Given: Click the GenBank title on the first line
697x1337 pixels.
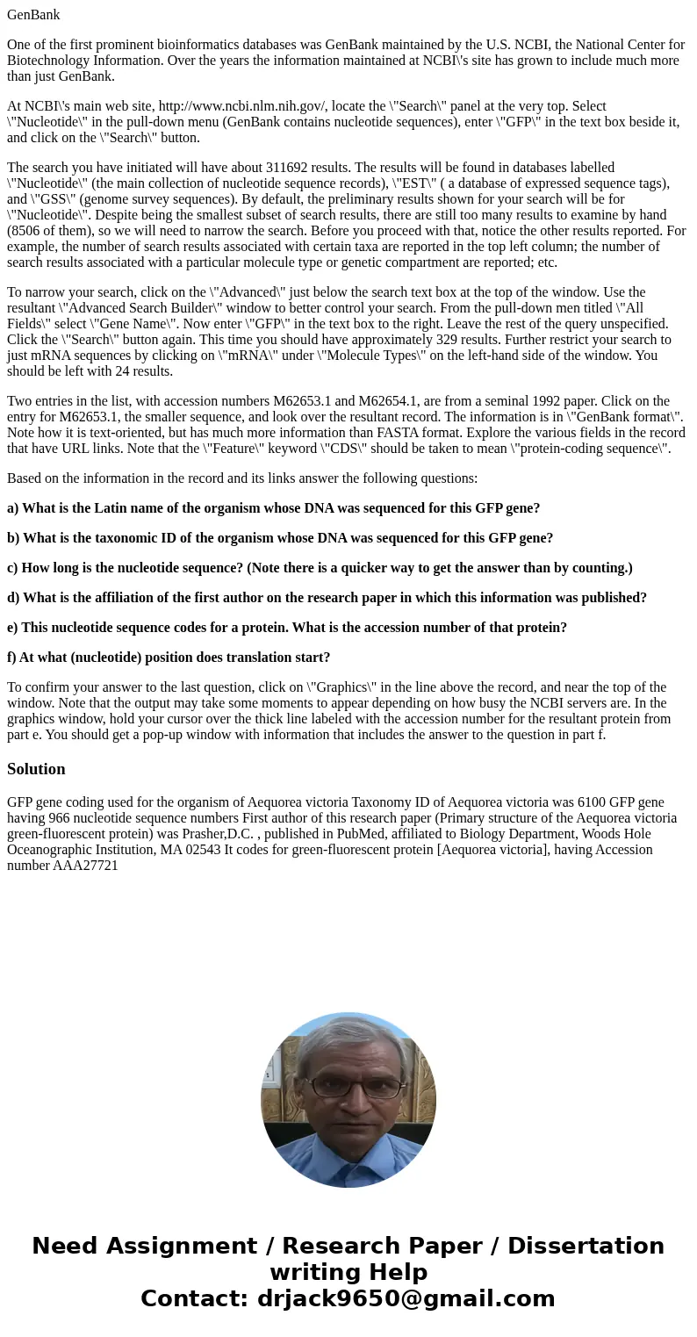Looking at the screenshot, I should click(x=33, y=15).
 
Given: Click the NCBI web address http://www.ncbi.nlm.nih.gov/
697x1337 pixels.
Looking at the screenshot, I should click(x=241, y=106).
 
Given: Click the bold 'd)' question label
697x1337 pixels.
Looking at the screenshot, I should click(x=13, y=598).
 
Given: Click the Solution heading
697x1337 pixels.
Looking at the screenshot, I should click(x=36, y=769).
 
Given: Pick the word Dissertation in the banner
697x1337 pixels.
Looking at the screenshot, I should click(x=586, y=1247).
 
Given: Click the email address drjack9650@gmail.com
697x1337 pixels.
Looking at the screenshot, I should click(x=406, y=1299).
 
